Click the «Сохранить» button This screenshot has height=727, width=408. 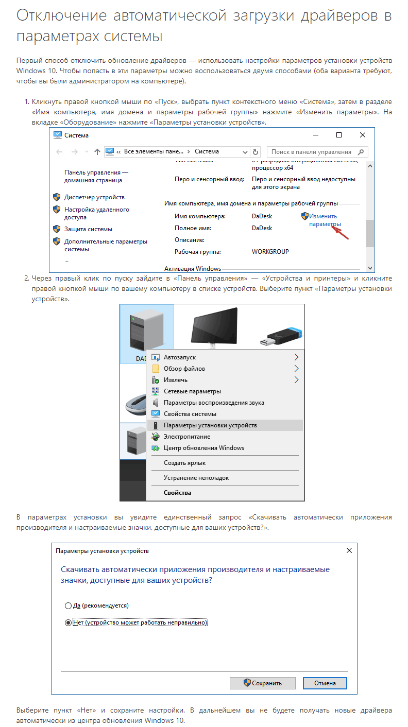263,683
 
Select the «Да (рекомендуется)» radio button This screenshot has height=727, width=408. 68,605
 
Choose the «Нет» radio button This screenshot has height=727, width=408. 68,622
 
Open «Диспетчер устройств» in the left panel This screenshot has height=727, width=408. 94,197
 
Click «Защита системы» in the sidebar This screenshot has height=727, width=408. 88,229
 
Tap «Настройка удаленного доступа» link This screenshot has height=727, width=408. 96,213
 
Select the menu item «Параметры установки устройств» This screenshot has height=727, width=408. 210,425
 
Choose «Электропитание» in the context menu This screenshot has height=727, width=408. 187,437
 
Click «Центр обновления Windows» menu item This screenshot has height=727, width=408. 204,448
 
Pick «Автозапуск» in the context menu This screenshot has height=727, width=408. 180,357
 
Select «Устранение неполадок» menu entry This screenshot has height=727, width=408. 196,478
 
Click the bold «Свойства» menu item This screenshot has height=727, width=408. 177,493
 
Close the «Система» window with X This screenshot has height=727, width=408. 363,135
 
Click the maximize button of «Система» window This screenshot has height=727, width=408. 339,135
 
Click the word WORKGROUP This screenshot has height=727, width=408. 270,252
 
